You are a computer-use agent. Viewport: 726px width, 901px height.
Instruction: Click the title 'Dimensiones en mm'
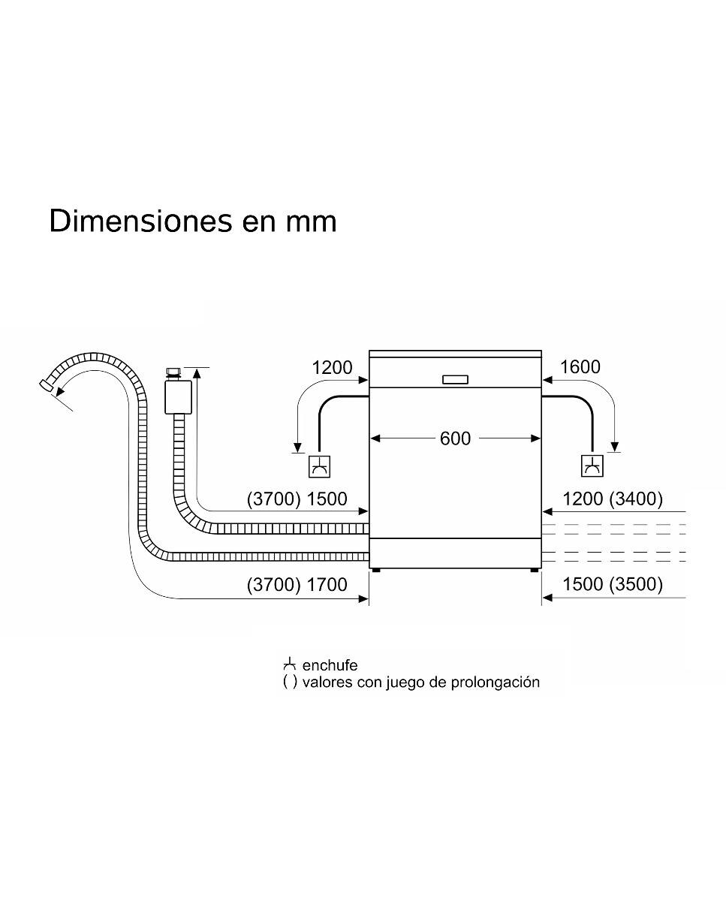193,221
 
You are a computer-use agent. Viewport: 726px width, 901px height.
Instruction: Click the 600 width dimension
455,438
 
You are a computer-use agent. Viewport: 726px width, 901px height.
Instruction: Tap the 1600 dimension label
580,367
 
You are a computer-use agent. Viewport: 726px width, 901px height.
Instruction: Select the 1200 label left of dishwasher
332,367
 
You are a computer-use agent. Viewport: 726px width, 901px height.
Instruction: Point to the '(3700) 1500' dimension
297,499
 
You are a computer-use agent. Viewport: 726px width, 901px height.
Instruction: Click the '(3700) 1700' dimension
297,584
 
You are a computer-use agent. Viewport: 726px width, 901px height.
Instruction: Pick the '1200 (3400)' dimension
613,499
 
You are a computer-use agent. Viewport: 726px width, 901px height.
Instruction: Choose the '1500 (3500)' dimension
613,584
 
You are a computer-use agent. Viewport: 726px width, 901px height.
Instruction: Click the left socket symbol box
320,466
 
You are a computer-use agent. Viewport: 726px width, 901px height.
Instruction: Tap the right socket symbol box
592,466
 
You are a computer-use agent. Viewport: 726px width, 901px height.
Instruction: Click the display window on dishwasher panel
456,379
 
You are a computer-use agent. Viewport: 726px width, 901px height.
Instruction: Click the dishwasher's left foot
375,571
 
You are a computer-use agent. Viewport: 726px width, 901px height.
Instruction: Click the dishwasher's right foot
535,571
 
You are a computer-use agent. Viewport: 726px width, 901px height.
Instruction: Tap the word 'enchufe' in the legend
330,665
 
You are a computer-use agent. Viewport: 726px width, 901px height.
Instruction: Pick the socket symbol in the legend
290,664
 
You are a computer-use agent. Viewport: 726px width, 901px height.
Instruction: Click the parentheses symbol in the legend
290,683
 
